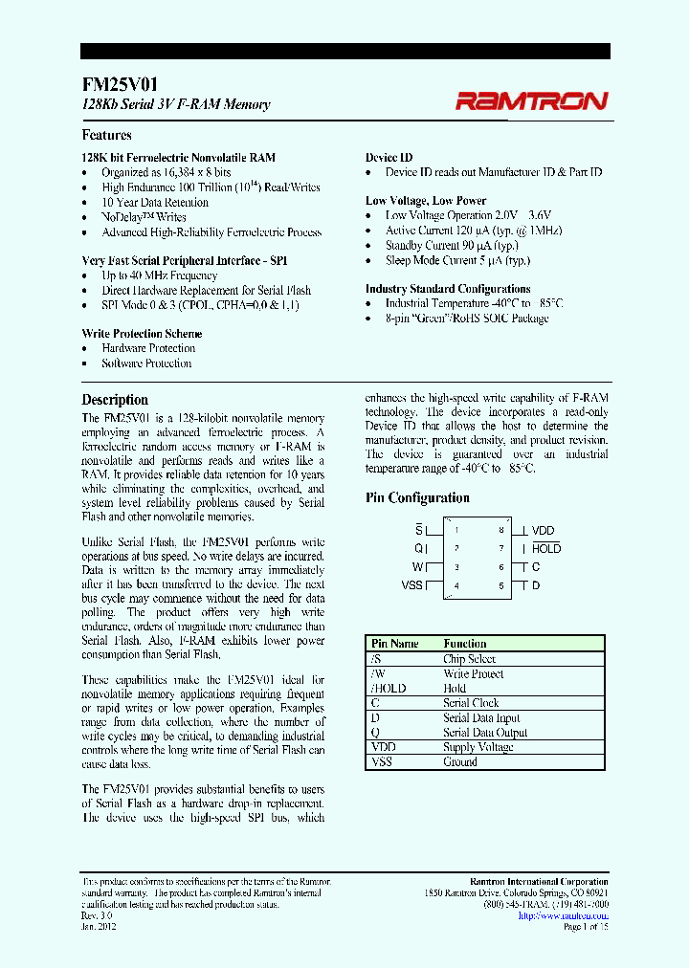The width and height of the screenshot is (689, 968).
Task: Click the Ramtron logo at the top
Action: pos(531,100)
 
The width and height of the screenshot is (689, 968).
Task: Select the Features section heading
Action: pos(106,136)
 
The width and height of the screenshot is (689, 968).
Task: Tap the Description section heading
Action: pos(115,400)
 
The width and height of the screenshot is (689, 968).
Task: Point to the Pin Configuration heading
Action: pos(417,498)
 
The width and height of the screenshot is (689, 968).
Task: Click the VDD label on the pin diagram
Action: pos(543,531)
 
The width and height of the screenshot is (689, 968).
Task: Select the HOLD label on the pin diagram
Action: pos(546,549)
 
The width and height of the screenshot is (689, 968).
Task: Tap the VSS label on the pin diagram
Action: pos(411,585)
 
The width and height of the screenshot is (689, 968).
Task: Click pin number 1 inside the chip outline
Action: pos(457,531)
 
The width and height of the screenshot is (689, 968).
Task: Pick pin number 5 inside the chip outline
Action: pos(500,585)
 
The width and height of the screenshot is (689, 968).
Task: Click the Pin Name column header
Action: pos(394,644)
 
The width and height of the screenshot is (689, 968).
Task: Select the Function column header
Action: pos(465,644)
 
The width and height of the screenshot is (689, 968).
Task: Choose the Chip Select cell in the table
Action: pos(469,659)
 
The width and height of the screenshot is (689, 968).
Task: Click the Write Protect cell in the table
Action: pos(473,673)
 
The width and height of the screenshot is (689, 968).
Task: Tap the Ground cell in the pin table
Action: pos(460,762)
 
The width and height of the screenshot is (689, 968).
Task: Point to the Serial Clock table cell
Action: pos(471,703)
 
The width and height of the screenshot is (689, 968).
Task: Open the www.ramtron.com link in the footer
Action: pos(563,915)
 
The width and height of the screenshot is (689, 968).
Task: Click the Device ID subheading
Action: pos(389,158)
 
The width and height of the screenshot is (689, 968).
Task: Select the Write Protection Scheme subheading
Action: pos(142,334)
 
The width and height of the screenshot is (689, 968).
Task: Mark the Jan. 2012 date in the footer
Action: pos(98,927)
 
